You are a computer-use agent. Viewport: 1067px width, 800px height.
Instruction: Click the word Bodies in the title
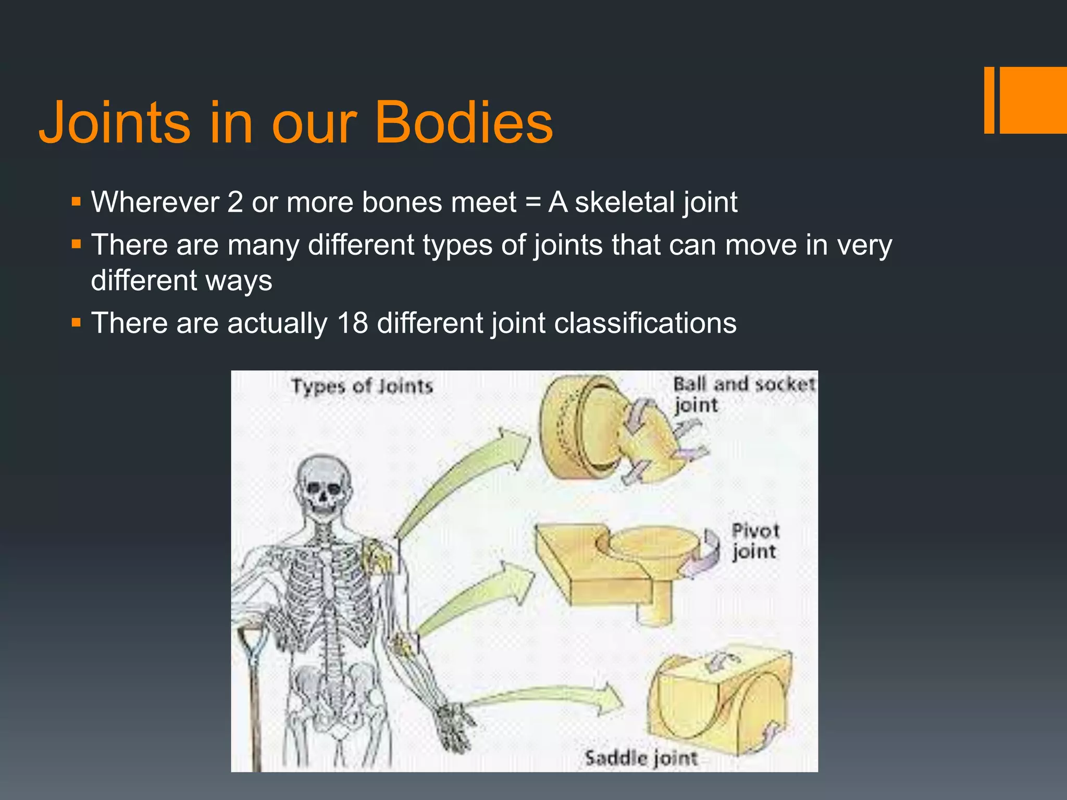tap(464, 123)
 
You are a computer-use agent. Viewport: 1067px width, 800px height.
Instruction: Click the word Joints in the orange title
tap(115, 123)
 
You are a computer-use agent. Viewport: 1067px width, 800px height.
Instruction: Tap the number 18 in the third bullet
tap(353, 323)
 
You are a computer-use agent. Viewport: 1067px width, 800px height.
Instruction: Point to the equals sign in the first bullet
tap(532, 203)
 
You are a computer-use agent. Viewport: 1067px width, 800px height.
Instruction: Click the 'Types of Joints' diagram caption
tap(362, 386)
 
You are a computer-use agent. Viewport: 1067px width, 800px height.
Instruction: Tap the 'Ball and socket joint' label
tap(743, 394)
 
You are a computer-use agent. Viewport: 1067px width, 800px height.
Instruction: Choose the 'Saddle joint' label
tap(641, 758)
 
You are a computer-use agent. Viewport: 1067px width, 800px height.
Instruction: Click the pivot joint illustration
tap(625, 568)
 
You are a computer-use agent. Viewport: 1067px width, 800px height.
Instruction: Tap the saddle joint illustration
tap(719, 698)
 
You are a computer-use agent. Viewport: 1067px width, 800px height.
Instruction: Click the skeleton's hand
tap(453, 727)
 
